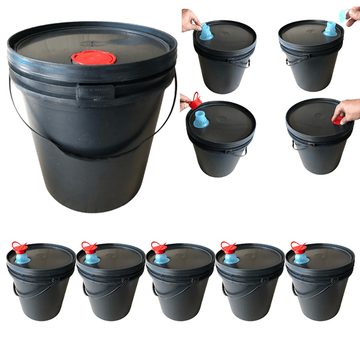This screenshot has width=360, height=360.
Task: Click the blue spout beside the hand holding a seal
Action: click(x=330, y=28)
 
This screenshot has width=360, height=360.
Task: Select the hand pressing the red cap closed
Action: click(x=347, y=109)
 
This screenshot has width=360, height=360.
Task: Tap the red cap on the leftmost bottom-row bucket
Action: click(x=19, y=247)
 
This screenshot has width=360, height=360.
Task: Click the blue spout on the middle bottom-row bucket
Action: click(x=161, y=258)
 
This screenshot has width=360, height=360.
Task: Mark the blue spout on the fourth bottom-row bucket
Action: click(x=231, y=258)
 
